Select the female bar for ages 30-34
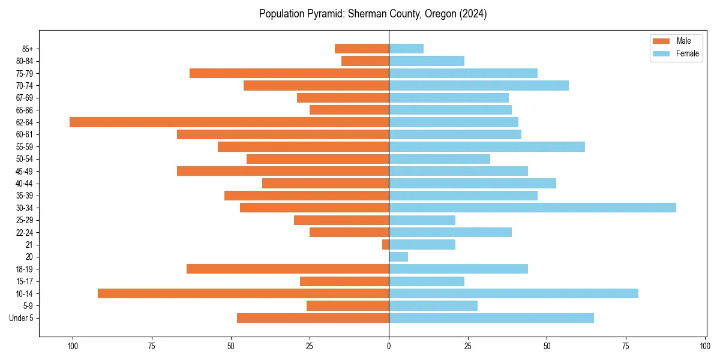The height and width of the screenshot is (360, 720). pos(532,208)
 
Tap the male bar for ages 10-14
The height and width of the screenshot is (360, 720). pos(243,293)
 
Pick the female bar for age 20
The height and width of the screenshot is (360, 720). pos(398,257)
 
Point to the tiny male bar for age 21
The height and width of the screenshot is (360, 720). pos(386,244)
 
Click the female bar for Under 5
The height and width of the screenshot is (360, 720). pos(491,318)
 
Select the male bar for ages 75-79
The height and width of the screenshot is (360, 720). pos(289,73)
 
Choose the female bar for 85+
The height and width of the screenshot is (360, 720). pos(406,49)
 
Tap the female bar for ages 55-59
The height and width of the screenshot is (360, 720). pos(487,146)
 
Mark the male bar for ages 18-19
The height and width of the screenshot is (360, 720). pos(287,269)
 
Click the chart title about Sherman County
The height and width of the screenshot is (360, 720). pos(373,14)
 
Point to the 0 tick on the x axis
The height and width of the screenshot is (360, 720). pos(389,346)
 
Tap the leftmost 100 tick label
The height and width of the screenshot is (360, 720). pos(73,346)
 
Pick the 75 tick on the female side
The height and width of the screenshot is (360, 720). pos(626,346)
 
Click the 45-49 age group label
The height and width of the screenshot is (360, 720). pos(25,171)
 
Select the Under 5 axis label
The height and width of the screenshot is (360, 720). pos(22,318)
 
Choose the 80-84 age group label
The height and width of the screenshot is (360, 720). pos(25,61)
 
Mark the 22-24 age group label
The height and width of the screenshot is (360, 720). pos(25,232)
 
